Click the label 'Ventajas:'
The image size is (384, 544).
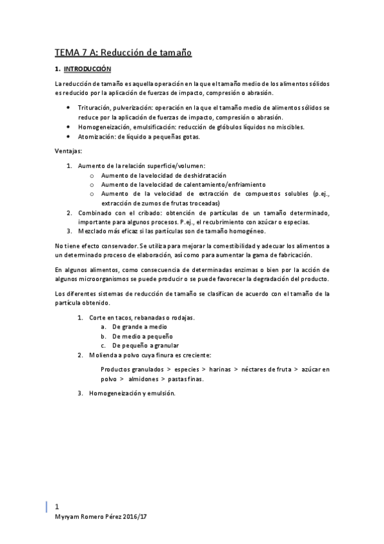coord(69,151)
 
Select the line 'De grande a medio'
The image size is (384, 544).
coord(140,327)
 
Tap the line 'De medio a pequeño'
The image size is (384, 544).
coord(142,336)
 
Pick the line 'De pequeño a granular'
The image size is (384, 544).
coord(146,345)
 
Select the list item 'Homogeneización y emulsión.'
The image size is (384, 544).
coord(132,393)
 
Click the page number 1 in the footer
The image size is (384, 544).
coord(58,505)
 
